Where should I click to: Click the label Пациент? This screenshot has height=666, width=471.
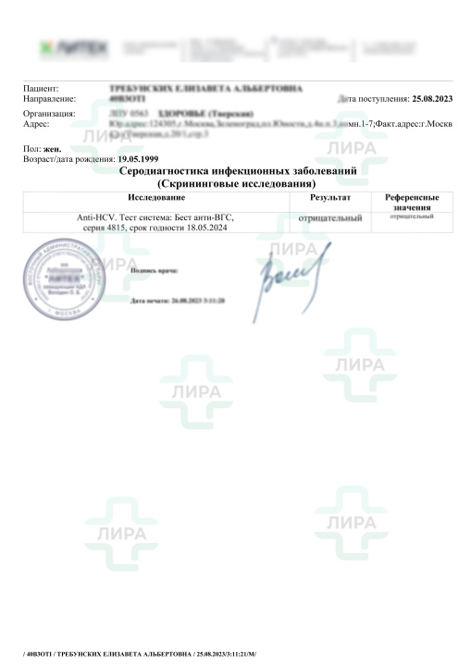pyautogui.click(x=42, y=88)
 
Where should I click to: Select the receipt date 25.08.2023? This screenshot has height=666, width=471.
pyautogui.click(x=432, y=97)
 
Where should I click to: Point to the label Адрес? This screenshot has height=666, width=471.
pyautogui.click(x=36, y=123)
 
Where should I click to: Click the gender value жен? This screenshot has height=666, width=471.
pyautogui.click(x=52, y=149)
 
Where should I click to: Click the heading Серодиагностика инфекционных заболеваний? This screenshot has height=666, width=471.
pyautogui.click(x=238, y=172)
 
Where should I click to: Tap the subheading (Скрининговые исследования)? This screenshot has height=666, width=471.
pyautogui.click(x=238, y=183)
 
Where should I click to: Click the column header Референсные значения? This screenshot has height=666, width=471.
pyautogui.click(x=411, y=203)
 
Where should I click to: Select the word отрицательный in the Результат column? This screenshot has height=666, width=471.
pyautogui.click(x=331, y=216)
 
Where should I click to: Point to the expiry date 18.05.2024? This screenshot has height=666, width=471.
pyautogui.click(x=205, y=227)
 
